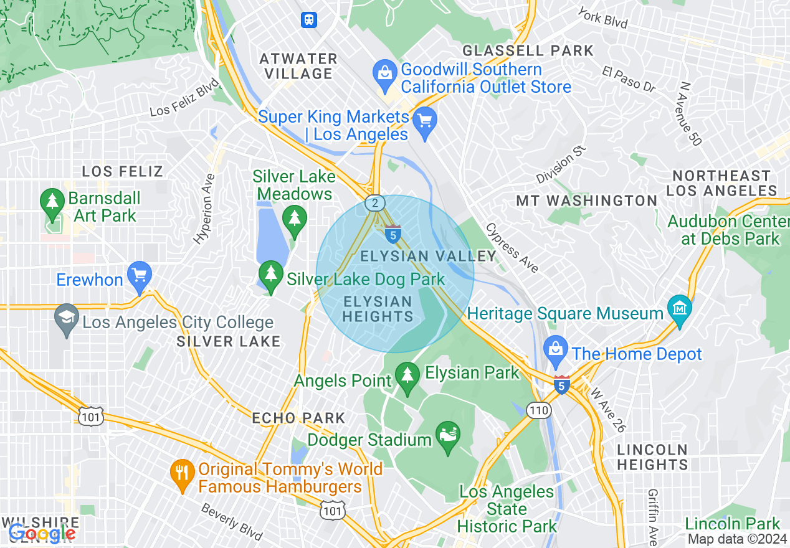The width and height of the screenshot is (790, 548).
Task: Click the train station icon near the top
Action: click(x=308, y=20)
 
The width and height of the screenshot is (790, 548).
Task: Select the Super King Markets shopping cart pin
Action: click(x=426, y=121)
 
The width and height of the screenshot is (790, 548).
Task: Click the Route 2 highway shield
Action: click(x=375, y=203)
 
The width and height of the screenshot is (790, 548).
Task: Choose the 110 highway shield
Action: click(x=537, y=410)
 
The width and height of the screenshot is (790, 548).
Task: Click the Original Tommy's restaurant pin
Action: click(x=181, y=473)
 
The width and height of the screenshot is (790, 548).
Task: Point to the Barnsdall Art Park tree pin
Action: click(x=52, y=203)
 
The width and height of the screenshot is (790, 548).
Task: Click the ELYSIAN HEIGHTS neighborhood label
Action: click(x=378, y=309)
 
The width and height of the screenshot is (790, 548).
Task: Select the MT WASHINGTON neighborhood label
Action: click(x=586, y=201)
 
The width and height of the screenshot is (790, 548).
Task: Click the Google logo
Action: click(x=42, y=533)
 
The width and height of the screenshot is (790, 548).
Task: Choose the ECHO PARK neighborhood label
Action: click(x=298, y=418)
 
